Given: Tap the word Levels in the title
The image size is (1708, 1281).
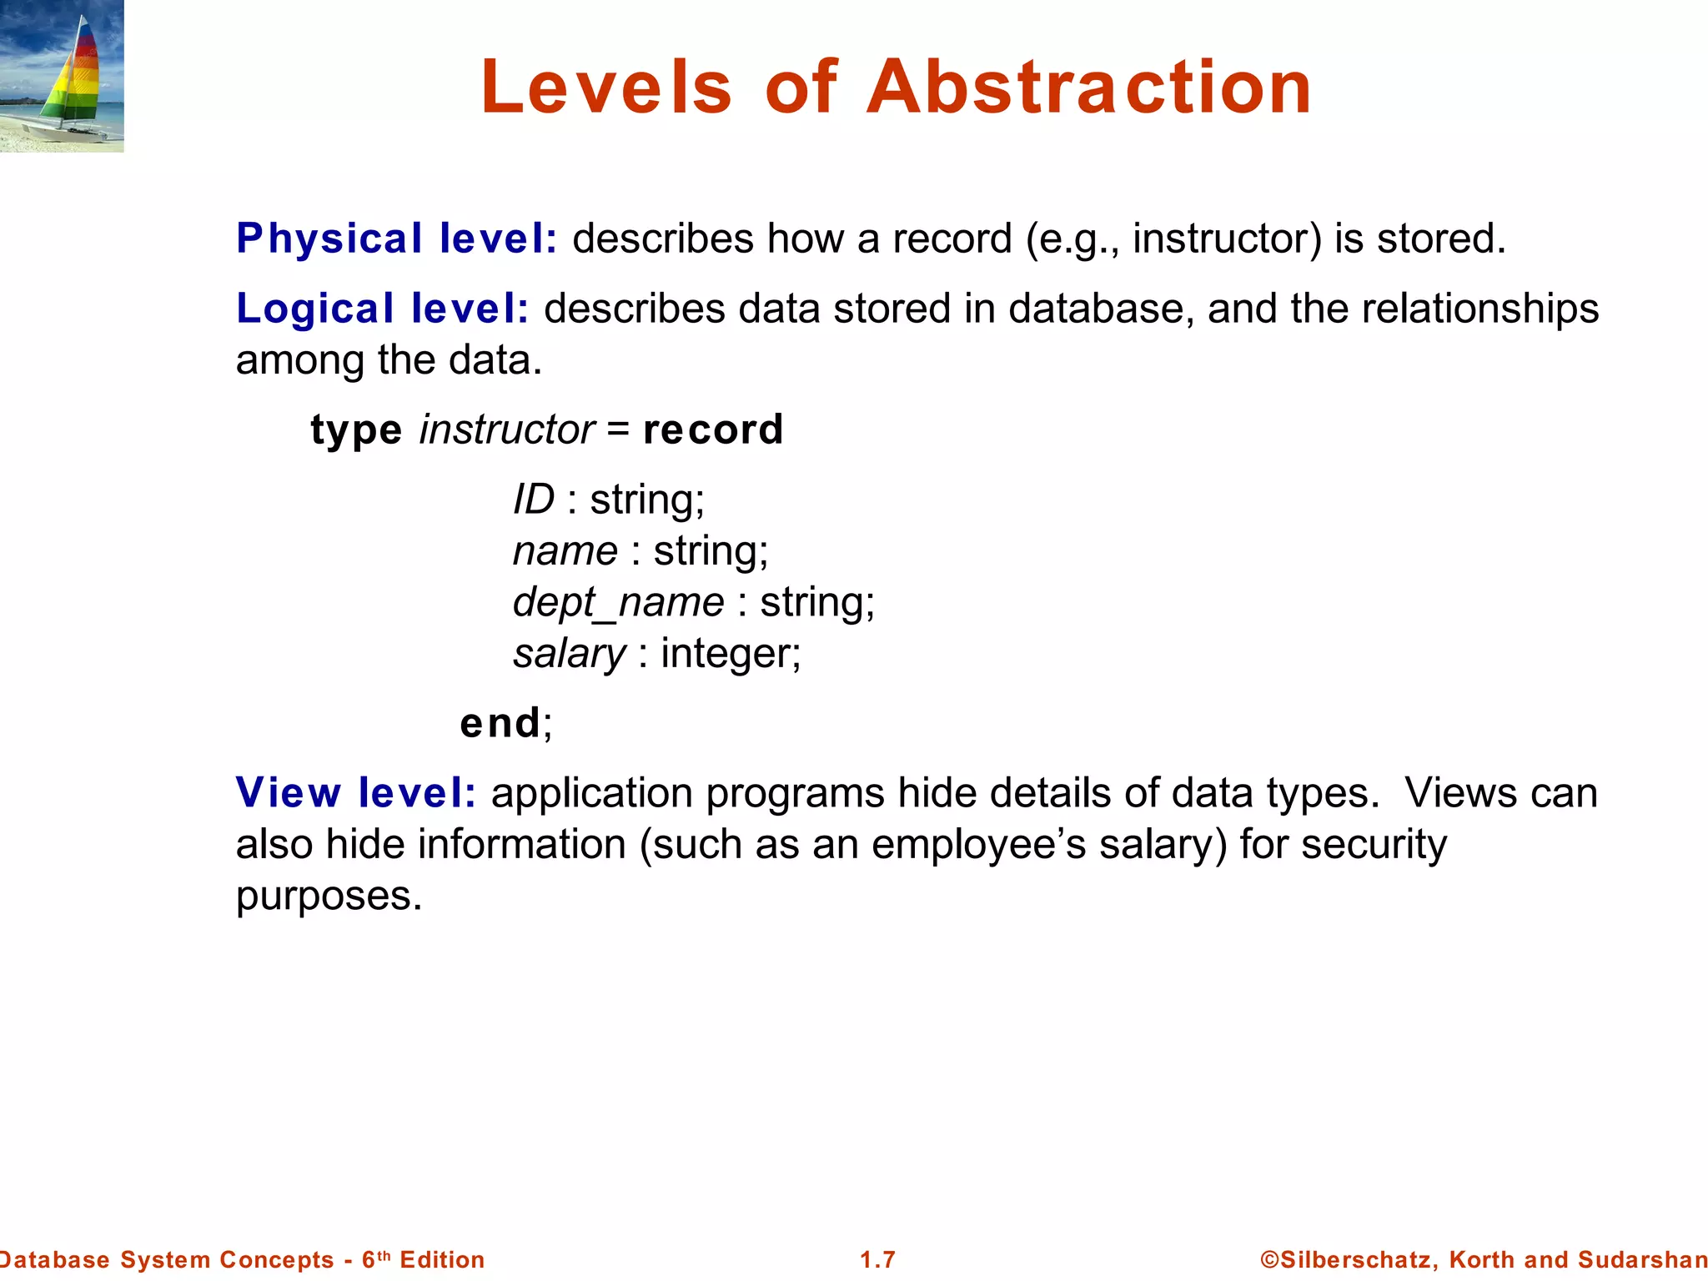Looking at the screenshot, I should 606,88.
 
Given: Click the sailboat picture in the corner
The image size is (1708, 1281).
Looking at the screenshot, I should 62,76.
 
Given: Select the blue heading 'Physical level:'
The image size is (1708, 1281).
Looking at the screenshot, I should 397,239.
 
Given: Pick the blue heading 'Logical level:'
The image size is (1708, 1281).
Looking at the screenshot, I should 383,309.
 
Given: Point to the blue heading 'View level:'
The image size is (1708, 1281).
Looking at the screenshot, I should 356,792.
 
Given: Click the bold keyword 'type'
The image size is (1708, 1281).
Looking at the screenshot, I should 356,430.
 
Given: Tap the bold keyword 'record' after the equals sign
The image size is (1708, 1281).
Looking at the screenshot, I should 713,430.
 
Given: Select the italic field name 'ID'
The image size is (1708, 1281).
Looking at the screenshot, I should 534,500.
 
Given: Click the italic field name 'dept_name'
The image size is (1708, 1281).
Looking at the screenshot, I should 619,602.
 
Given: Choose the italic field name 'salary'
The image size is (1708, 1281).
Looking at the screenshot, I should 569,654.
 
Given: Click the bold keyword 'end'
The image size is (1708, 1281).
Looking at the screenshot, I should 500,723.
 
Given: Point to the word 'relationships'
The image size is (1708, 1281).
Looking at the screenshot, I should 1480,309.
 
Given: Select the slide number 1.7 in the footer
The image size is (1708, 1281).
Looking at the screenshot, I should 877,1259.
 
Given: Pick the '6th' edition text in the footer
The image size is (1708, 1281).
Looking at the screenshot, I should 376,1259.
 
